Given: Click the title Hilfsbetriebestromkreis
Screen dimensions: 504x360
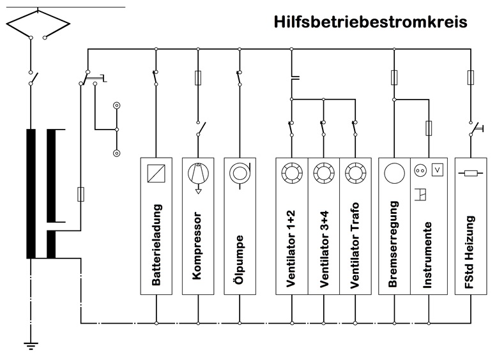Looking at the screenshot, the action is point(370,22).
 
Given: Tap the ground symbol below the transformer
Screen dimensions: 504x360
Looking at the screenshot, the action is point(31,346).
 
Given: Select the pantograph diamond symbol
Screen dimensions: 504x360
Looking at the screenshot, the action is point(38,23).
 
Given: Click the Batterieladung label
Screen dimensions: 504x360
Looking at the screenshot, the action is point(157,244).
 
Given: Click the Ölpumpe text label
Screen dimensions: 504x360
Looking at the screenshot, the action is point(239,260).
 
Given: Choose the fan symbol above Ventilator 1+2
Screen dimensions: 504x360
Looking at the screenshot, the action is point(292,173).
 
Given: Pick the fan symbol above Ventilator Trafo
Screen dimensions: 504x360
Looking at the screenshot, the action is point(356,173).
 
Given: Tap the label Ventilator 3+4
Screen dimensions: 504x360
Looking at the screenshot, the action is point(324,249).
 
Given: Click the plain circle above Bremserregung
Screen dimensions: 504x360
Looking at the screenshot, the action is point(394,173).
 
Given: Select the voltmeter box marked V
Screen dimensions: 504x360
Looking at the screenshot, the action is point(438,170).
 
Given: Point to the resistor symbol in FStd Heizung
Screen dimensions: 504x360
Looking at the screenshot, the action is point(471,174).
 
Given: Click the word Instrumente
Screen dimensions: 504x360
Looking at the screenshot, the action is point(427,255).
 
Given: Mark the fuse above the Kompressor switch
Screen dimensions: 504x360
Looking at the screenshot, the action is point(198,78).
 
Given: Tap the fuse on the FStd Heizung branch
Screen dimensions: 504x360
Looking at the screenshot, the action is point(471,78).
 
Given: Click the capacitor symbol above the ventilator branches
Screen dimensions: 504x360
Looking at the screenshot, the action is point(294,77).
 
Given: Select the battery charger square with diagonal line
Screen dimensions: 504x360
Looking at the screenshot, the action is point(157,174).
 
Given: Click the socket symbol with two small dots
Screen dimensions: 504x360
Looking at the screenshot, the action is point(420,170).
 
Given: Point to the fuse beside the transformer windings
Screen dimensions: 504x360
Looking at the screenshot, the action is point(80,194).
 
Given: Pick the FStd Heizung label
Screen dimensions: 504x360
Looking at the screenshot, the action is point(470,252).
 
